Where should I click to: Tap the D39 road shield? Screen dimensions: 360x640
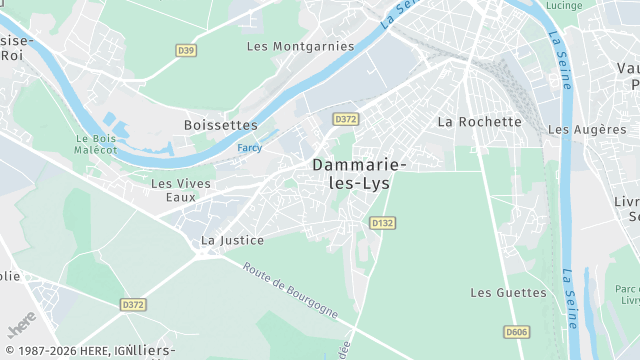185,49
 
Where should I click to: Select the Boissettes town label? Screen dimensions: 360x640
221,125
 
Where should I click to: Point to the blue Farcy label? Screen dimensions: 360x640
250,148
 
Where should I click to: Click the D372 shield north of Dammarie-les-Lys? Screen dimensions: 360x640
346,119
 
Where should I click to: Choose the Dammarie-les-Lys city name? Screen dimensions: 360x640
359,173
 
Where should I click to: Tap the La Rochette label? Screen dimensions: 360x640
480,122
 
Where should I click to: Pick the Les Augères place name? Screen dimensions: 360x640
587,130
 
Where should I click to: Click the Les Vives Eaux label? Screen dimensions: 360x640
181,190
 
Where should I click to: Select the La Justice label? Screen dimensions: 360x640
232,240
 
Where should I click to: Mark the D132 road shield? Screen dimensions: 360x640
382,223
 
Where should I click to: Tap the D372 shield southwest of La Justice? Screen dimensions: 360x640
133,304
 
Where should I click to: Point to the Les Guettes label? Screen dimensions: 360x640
508,293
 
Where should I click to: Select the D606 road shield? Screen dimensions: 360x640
516,332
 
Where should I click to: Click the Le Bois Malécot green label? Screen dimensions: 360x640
95,143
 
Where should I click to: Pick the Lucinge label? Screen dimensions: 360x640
565,6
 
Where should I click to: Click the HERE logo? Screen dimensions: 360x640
20,329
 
